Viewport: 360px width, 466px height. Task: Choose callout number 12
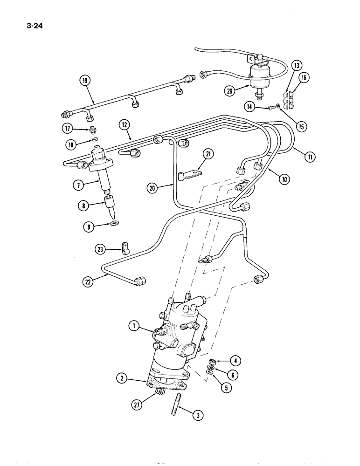124,125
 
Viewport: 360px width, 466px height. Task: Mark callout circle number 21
208,154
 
